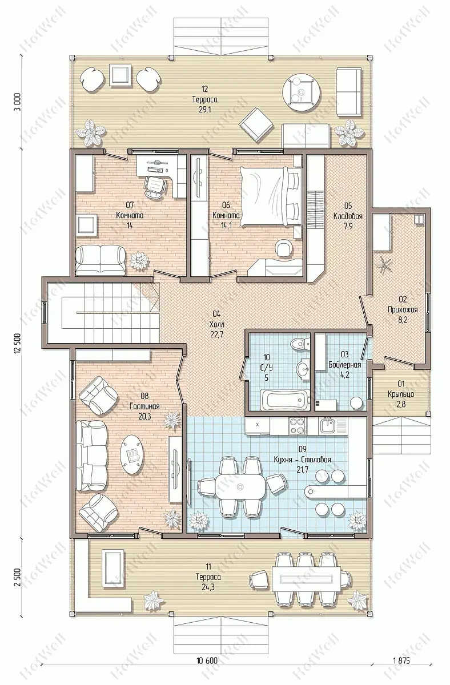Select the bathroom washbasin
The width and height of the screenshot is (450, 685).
[x=303, y=370]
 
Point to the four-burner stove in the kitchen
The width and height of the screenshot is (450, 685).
[x=298, y=426]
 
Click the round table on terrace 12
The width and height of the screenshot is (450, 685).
[x=302, y=92]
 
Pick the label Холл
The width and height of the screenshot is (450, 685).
[x=217, y=324]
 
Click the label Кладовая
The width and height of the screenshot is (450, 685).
[x=348, y=216]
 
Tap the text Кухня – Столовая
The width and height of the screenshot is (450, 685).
[x=302, y=460]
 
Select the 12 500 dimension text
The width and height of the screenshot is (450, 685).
[x=17, y=343]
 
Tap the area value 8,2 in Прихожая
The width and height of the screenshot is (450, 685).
[x=403, y=320]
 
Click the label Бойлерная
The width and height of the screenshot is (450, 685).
[x=344, y=365]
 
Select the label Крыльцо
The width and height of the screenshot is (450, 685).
[x=401, y=394]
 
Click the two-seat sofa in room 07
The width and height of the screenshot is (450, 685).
[x=101, y=261]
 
